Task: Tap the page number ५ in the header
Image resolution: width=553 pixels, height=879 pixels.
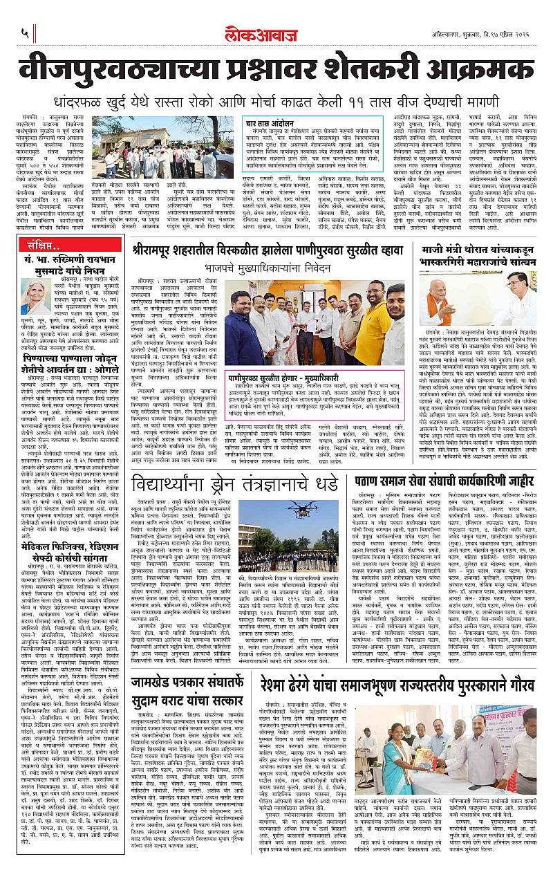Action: pos(24,32)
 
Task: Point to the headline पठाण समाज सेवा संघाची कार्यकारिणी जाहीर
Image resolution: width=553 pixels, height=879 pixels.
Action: pos(456,459)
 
